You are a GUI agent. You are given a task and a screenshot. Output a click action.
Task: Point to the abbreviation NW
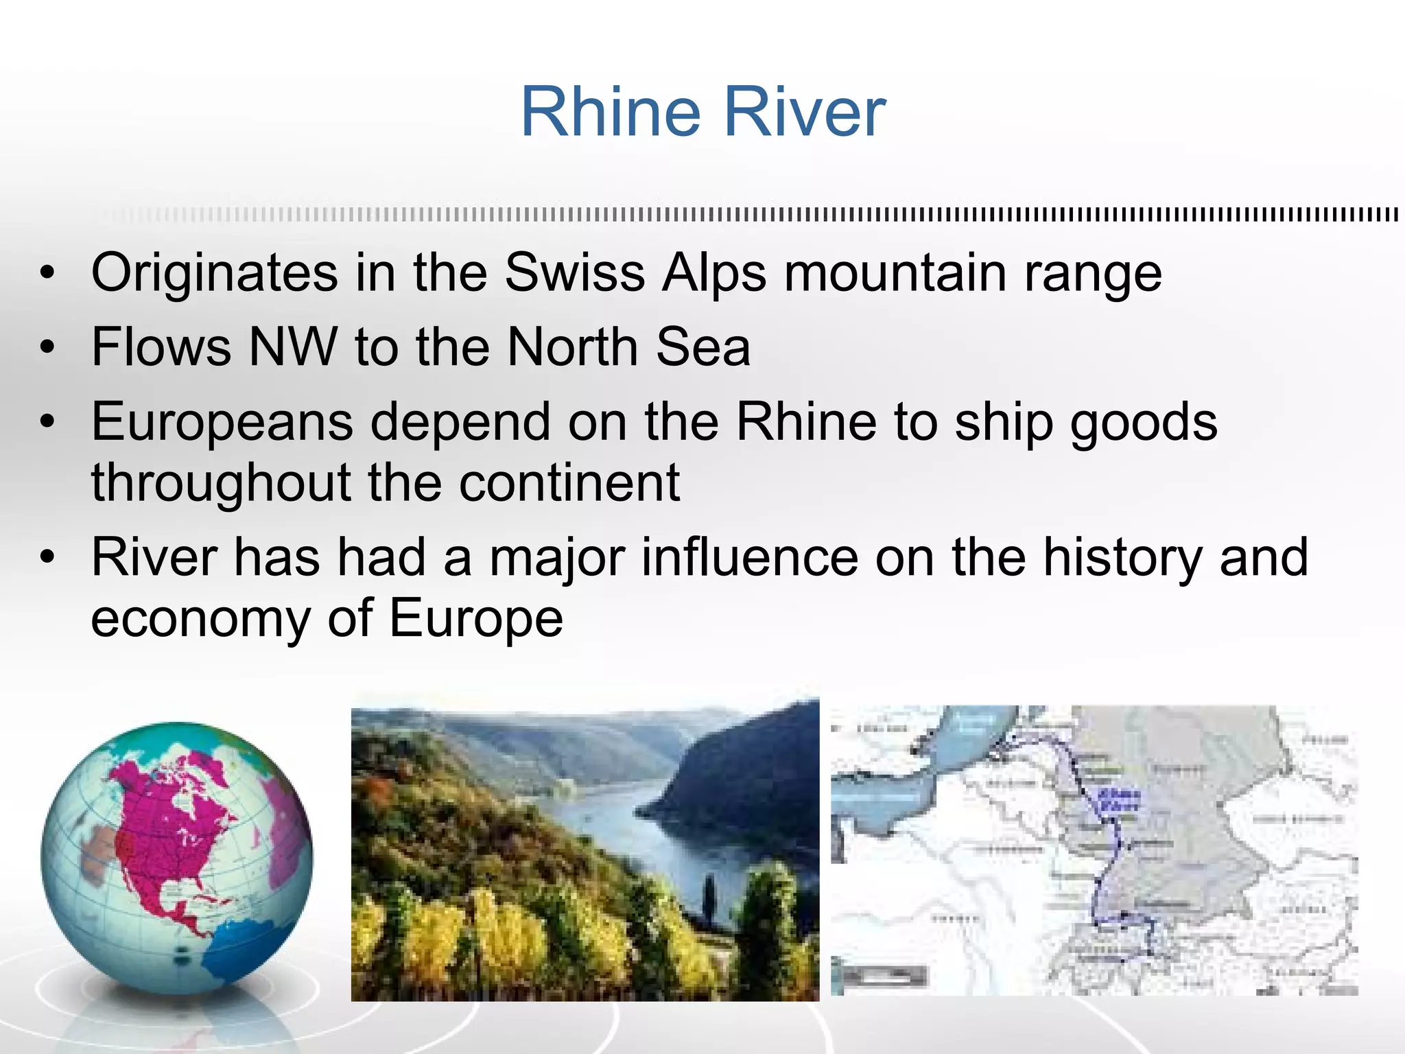293,347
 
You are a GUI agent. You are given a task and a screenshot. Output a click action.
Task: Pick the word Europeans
222,422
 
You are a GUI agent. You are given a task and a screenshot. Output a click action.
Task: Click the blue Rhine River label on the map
1119,799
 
